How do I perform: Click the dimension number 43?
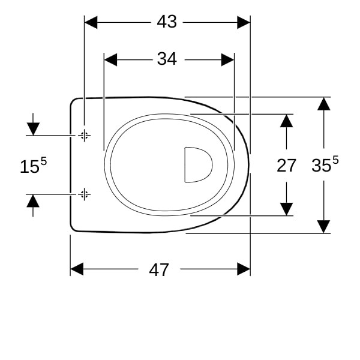pyautogui.click(x=167, y=22)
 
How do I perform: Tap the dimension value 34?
pyautogui.click(x=167, y=59)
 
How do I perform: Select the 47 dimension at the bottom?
pyautogui.click(x=159, y=270)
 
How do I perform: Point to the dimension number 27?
pyautogui.click(x=286, y=166)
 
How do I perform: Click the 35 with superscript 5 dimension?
pyautogui.click(x=325, y=164)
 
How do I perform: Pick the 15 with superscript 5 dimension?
pyautogui.click(x=33, y=165)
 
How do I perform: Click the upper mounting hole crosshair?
pyautogui.click(x=84, y=136)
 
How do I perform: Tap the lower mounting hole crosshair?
pyautogui.click(x=84, y=194)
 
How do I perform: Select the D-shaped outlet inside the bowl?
pyautogui.click(x=199, y=165)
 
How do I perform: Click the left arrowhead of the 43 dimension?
pyautogui.click(x=91, y=23)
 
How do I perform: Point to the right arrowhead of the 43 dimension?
pyautogui.click(x=244, y=23)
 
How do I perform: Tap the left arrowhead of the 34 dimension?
pyautogui.click(x=110, y=59)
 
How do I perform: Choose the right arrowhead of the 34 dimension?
pyautogui.click(x=228, y=59)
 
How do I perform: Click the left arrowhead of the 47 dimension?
pyautogui.click(x=77, y=269)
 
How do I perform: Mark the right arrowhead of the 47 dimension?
pyautogui.click(x=244, y=269)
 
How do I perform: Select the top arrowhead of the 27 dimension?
pyautogui.click(x=286, y=121)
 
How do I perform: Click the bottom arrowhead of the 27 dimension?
pyautogui.click(x=286, y=209)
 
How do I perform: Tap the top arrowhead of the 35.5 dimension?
pyautogui.click(x=324, y=104)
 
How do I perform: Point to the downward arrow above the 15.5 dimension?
pyautogui.click(x=33, y=124)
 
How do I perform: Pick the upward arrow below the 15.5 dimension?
pyautogui.click(x=33, y=205)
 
